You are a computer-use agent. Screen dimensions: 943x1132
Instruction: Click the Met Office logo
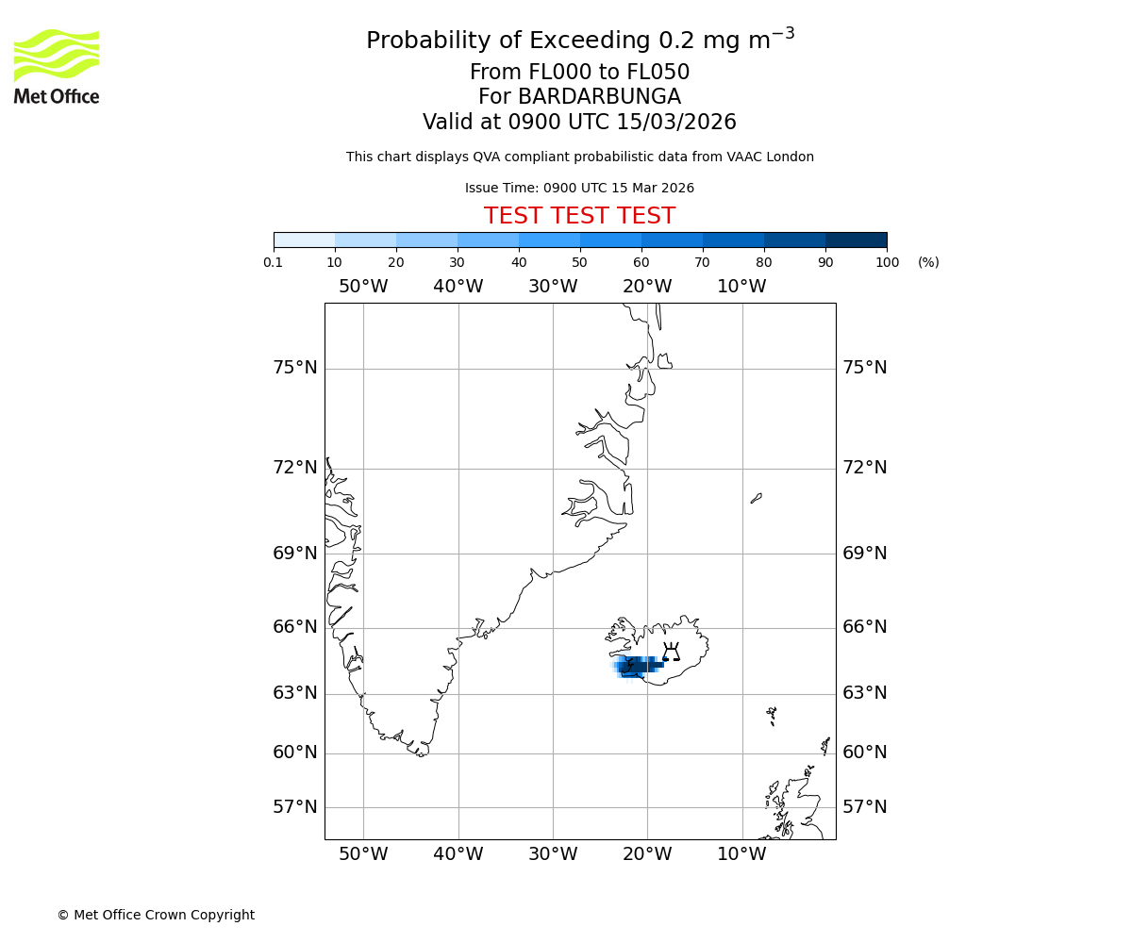pyautogui.click(x=57, y=66)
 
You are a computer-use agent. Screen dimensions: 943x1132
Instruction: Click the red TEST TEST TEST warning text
pyautogui.click(x=579, y=216)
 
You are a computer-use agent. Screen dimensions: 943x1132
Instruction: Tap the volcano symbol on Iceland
pyautogui.click(x=671, y=652)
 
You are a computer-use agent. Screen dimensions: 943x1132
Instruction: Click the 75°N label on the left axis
pyautogui.click(x=295, y=368)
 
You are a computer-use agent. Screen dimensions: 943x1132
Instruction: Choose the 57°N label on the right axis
pyautogui.click(x=864, y=807)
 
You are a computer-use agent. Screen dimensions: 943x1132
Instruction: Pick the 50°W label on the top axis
pyautogui.click(x=363, y=287)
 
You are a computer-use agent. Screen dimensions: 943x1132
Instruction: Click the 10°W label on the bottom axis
pyautogui.click(x=741, y=854)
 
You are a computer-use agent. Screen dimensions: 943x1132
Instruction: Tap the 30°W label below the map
pyautogui.click(x=553, y=854)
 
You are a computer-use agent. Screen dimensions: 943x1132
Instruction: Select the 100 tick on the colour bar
pyautogui.click(x=887, y=262)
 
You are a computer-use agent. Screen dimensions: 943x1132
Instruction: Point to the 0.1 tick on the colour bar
pyautogui.click(x=274, y=262)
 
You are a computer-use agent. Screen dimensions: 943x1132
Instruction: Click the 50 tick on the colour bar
pyautogui.click(x=580, y=262)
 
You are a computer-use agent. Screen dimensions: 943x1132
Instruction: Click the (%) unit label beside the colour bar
pyautogui.click(x=928, y=262)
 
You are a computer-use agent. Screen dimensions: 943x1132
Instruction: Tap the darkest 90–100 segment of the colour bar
pyautogui.click(x=856, y=240)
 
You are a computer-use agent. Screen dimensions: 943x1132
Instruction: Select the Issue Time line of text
pyautogui.click(x=579, y=188)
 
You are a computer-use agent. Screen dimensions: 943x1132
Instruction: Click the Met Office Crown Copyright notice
pyautogui.click(x=156, y=915)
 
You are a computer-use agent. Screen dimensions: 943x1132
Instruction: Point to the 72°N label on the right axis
pyautogui.click(x=864, y=468)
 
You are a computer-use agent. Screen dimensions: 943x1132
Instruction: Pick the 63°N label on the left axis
pyautogui.click(x=295, y=693)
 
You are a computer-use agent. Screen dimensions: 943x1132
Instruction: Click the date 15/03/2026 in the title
pyautogui.click(x=676, y=123)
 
